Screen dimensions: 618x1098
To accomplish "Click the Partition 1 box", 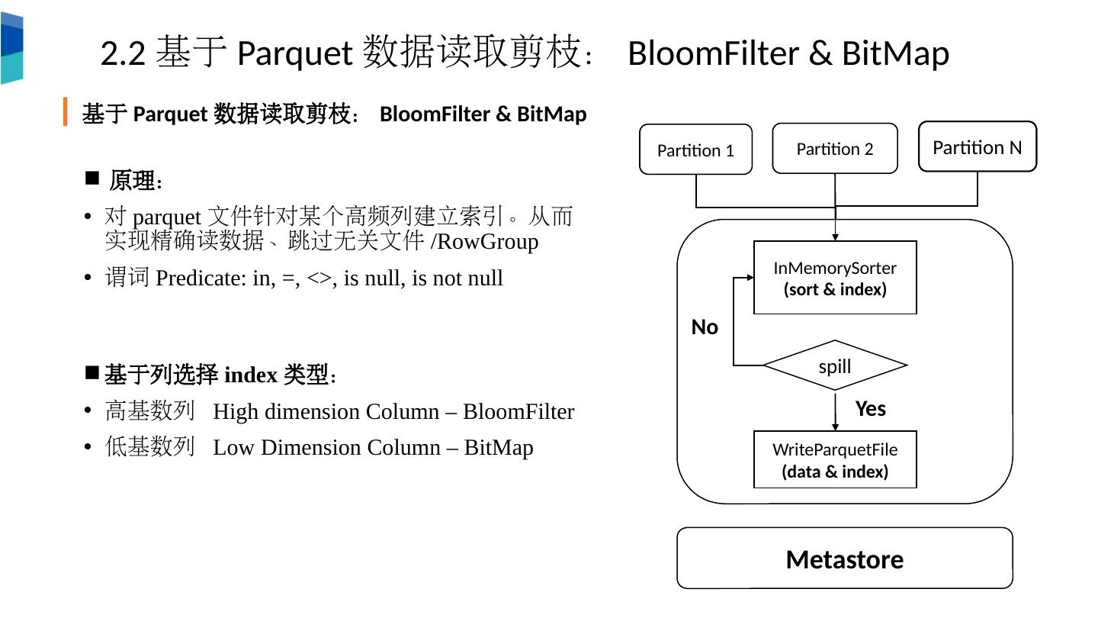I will pos(695,150).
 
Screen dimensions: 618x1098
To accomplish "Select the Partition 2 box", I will pos(834,149).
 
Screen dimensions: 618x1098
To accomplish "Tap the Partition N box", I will pos(977,146).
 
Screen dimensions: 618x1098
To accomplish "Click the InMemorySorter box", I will pos(835,278).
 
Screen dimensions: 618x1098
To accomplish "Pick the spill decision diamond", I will pos(835,365).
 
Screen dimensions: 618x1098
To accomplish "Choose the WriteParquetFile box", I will pos(835,459).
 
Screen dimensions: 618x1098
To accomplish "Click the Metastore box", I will pos(844,558).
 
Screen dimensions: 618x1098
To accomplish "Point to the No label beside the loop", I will pos(705,327).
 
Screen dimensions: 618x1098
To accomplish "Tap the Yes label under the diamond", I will pos(870,409).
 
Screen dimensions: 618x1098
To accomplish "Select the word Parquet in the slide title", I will pos(294,53).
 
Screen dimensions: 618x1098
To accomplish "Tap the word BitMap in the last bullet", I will pos(499,447).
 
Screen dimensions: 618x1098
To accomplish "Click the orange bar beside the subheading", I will pos(66,111).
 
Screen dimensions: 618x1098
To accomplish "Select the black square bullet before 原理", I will pos(92,179).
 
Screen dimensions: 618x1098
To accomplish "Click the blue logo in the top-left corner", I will pos(11,47).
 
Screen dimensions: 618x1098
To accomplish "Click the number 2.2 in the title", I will pos(123,53).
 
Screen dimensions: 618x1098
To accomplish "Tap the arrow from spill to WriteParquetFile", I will pos(835,412).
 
